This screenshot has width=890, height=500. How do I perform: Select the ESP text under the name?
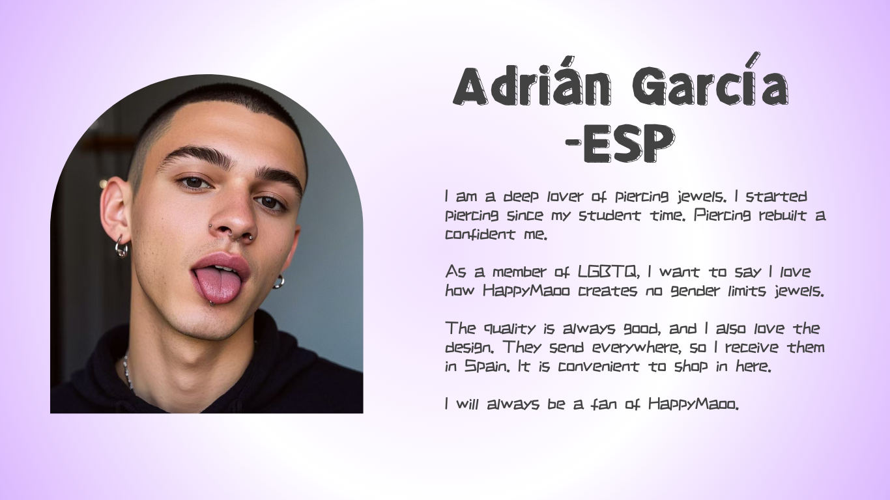[629, 143]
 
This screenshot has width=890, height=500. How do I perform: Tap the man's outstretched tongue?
[218, 284]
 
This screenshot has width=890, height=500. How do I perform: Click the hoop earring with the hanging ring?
[121, 247]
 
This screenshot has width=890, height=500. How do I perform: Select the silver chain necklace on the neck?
[128, 373]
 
